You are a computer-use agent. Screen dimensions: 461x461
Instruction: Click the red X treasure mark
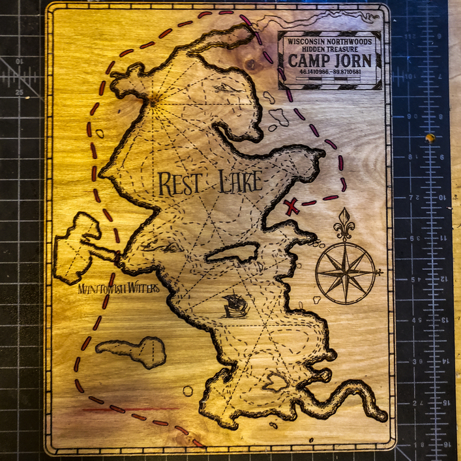coord(291,207)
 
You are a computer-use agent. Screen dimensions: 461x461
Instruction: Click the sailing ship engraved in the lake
coord(234,305)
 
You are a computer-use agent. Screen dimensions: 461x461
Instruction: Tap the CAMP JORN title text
coord(329,61)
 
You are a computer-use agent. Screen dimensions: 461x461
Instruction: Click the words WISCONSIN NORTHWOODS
coord(329,41)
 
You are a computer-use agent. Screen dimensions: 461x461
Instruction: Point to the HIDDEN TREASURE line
coord(329,50)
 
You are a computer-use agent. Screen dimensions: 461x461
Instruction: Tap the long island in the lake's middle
coord(232,253)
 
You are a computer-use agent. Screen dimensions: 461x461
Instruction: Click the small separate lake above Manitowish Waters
coord(78,246)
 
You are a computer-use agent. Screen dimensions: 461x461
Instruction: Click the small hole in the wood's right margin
coord(430,138)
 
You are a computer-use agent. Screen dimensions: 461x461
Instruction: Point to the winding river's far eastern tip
coord(384,399)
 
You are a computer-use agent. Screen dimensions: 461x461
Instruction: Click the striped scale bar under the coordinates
coord(329,85)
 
